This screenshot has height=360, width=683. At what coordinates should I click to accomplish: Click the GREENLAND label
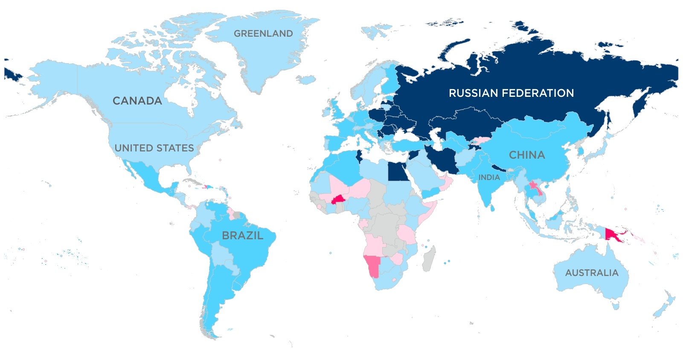pyautogui.click(x=263, y=34)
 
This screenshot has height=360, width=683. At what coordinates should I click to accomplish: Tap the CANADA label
pyautogui.click(x=137, y=101)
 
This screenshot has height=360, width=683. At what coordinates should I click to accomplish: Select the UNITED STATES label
pyautogui.click(x=154, y=148)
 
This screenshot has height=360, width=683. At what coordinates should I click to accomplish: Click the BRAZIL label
pyautogui.click(x=242, y=235)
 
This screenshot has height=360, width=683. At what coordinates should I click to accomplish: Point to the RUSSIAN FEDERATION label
pyautogui.click(x=511, y=93)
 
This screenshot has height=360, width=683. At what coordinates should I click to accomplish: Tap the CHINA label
pyautogui.click(x=527, y=155)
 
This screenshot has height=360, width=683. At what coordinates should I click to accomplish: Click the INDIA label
pyautogui.click(x=489, y=177)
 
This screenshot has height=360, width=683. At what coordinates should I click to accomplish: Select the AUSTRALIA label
pyautogui.click(x=591, y=273)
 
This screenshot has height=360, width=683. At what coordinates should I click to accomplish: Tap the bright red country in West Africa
pyautogui.click(x=339, y=200)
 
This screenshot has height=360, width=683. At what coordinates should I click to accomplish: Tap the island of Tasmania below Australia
pyautogui.click(x=615, y=305)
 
